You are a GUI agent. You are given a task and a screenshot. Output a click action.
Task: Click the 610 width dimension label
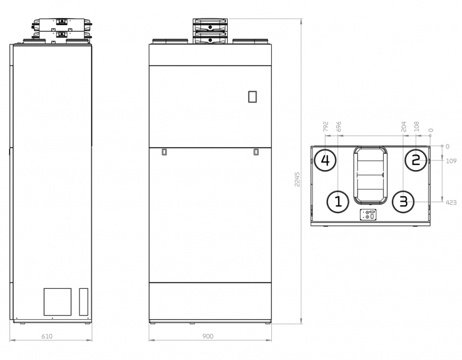tap(47, 336)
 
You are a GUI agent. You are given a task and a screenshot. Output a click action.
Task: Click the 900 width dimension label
tap(208, 336)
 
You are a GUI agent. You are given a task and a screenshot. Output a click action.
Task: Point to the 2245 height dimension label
tap(297, 179)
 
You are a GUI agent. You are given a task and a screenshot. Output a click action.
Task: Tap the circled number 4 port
tap(325, 161)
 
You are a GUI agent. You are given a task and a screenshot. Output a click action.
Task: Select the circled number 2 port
tap(416, 161)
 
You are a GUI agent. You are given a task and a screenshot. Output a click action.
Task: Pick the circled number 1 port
tap(338, 202)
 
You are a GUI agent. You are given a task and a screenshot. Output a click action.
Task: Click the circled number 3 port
tap(403, 202)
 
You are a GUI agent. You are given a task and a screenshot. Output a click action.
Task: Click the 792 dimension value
tap(326, 126)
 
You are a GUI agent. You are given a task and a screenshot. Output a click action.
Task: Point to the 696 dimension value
tap(339, 126)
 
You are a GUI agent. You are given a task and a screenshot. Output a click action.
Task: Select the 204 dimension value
tap(404, 126)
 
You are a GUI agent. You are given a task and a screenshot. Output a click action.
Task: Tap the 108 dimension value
tap(416, 126)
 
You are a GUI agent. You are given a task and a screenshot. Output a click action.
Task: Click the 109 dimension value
tap(451, 161)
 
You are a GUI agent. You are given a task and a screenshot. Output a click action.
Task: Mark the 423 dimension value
tap(451, 203)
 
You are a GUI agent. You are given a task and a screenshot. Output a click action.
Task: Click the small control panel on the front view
tap(252, 97)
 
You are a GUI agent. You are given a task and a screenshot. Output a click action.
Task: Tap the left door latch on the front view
tap(164, 152)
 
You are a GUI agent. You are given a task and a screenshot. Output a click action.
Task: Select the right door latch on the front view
tap(256, 152)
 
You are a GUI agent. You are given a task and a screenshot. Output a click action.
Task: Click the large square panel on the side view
tap(57, 302)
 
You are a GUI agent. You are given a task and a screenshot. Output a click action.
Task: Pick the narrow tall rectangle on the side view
tap(84, 302)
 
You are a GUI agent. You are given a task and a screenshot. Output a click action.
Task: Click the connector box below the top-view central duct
tap(368, 215)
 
